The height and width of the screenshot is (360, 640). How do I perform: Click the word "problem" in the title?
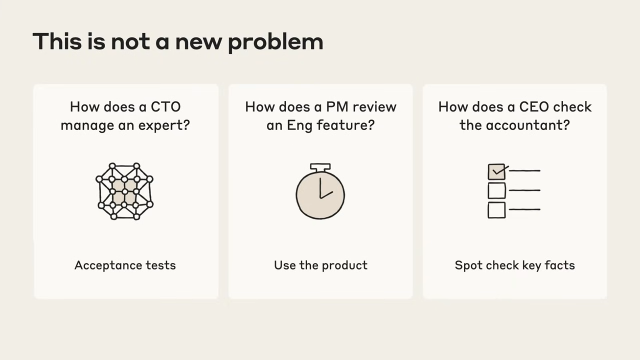(275, 42)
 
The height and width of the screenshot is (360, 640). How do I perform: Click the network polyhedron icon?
(124, 191)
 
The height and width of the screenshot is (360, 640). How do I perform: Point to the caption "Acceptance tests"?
(125, 265)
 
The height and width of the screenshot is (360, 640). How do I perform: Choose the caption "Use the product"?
(321, 265)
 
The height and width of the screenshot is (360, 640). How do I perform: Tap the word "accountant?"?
(528, 126)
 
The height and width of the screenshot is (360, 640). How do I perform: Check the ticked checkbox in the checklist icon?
(497, 172)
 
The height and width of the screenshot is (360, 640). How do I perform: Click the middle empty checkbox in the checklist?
(497, 190)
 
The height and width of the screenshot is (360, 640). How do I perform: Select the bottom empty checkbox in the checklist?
(497, 210)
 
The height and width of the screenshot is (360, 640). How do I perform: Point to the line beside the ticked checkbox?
(524, 171)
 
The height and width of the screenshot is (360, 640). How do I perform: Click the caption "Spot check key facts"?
(515, 265)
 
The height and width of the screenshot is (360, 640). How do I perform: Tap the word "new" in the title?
(198, 42)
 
